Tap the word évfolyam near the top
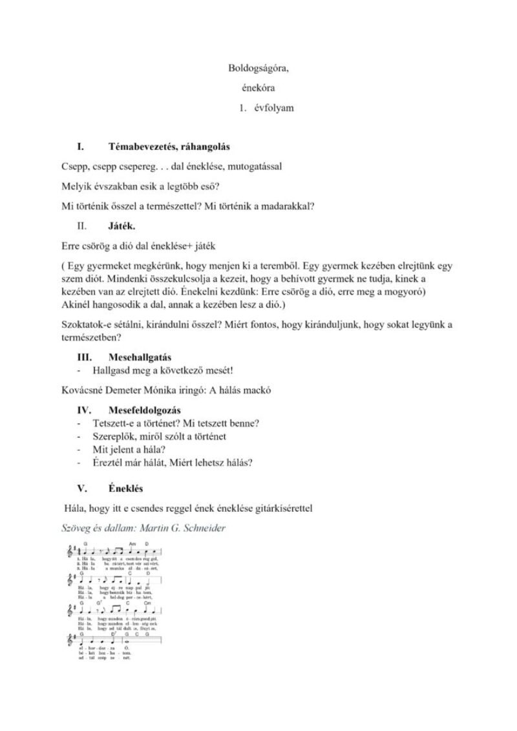[273, 108]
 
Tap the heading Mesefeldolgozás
[145, 410]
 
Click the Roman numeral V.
[81, 489]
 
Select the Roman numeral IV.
[83, 410]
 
